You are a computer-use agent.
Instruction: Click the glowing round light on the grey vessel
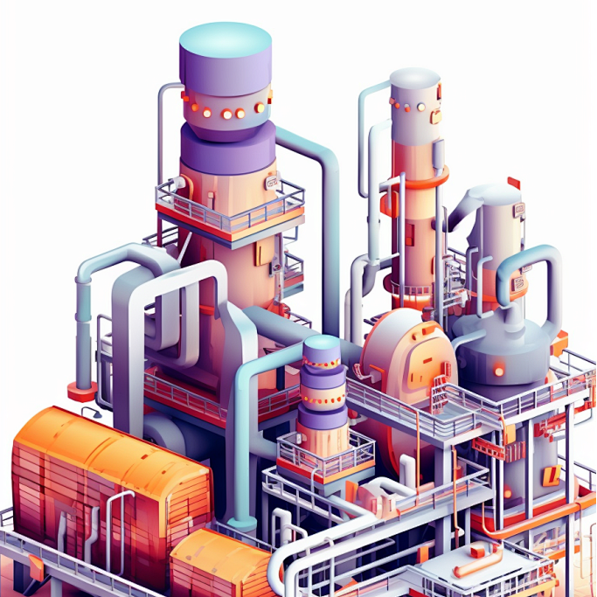click(499, 371)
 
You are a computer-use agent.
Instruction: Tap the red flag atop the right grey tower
click(514, 183)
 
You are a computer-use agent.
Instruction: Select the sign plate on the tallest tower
click(272, 183)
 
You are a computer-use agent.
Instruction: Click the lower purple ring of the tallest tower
click(227, 144)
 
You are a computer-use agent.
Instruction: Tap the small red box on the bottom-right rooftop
click(476, 551)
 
